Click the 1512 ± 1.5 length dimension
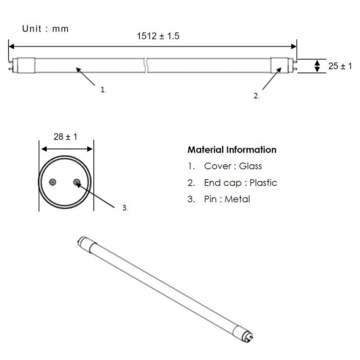point(158,36)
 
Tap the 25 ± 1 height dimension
point(340,66)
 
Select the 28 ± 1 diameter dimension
point(66,137)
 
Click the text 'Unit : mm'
point(46,29)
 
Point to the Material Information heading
point(232,150)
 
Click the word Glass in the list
point(251,166)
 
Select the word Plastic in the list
point(263,182)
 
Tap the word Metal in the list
point(238,199)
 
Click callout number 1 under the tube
point(103,90)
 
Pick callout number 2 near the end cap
point(256,96)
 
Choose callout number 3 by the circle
point(125,208)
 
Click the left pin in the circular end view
point(53,181)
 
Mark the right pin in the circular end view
point(77,181)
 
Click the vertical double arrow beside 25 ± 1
point(317,66)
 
